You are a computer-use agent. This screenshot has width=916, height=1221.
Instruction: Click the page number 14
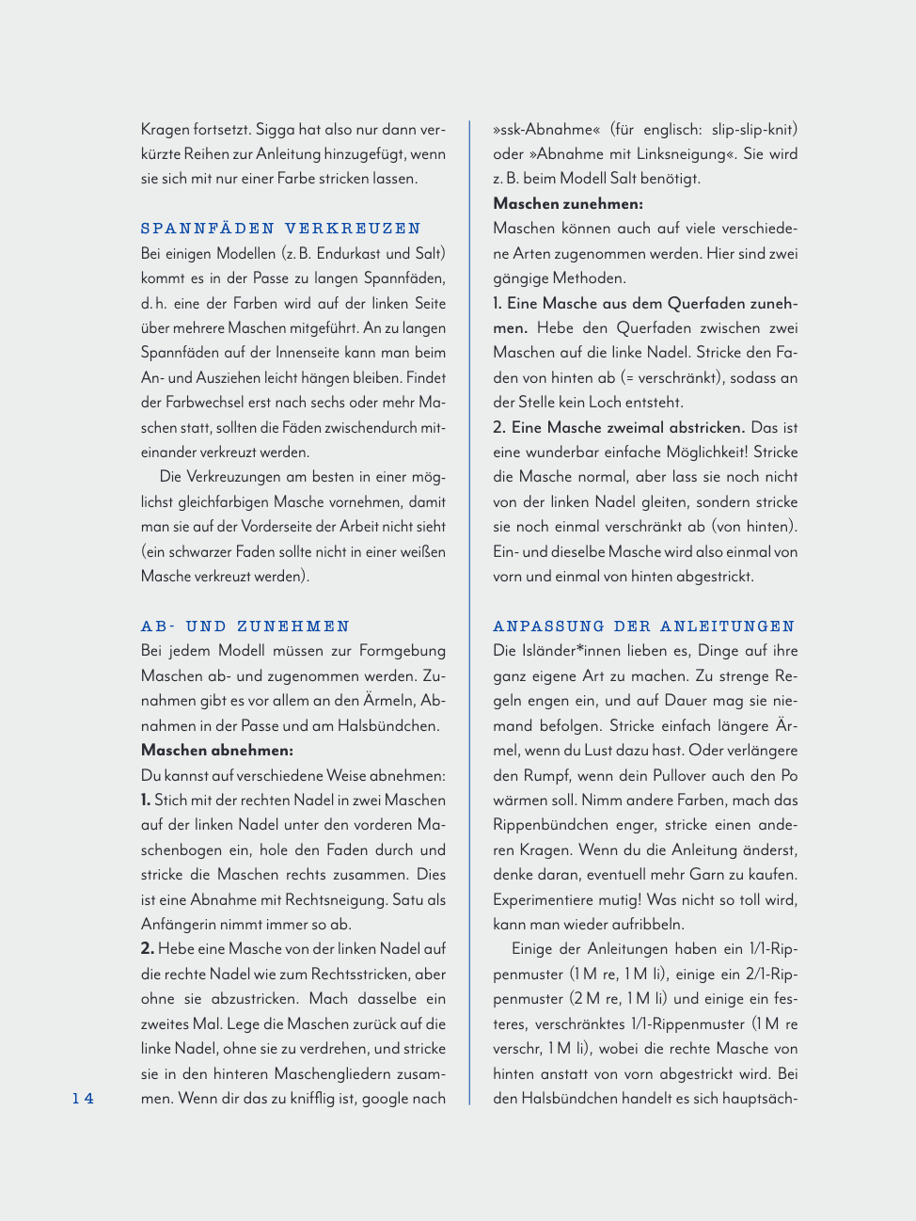click(x=83, y=1098)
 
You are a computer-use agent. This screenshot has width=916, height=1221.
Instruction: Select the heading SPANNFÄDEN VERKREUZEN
click(x=280, y=229)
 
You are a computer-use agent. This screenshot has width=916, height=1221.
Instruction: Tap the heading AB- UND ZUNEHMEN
click(x=245, y=626)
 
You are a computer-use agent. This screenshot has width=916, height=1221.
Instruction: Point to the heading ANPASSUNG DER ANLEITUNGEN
click(x=643, y=626)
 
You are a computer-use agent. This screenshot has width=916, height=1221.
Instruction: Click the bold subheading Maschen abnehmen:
click(x=217, y=751)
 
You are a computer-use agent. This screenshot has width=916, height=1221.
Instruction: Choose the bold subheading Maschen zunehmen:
click(x=568, y=203)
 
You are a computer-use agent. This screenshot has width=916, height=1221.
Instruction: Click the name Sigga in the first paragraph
click(x=276, y=129)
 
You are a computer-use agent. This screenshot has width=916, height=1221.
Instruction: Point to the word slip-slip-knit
click(x=754, y=129)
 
